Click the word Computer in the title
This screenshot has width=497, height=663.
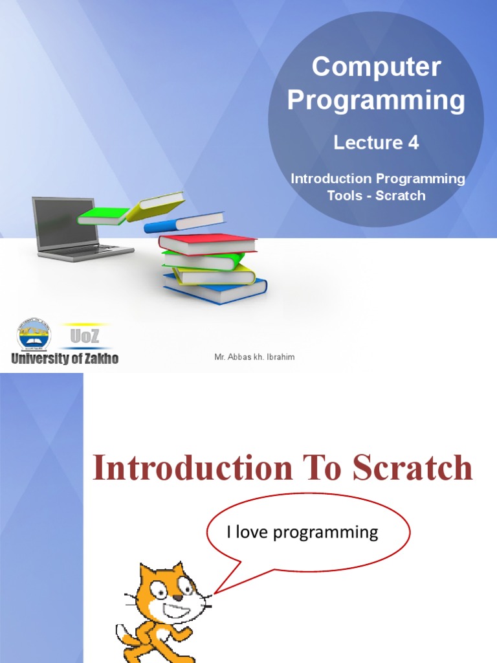[x=376, y=67]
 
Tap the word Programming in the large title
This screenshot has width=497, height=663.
[x=376, y=100]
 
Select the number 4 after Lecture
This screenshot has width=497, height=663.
[x=413, y=143]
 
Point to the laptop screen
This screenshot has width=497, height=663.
[x=65, y=222]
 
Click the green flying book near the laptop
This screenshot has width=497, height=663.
[x=102, y=216]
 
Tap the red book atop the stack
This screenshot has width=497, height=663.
[x=207, y=243]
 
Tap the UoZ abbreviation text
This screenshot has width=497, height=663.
[x=85, y=337]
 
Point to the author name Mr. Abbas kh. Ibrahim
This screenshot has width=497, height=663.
[x=254, y=357]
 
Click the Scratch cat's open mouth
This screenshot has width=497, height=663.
[x=177, y=611]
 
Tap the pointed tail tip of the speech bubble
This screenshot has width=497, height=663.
[x=215, y=592]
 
